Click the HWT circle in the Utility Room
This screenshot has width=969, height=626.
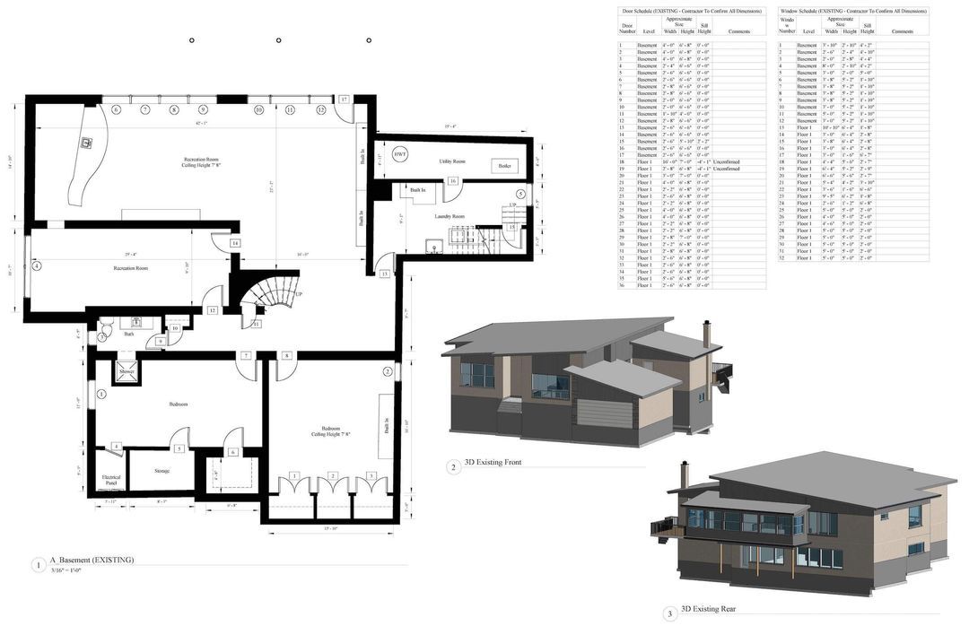[400, 154]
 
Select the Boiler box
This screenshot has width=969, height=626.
[503, 166]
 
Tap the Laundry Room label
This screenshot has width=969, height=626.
[450, 216]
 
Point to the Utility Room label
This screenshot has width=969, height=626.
[451, 161]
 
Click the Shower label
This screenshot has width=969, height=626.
[127, 371]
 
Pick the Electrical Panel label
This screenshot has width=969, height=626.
[111, 480]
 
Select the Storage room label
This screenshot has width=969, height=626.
[161, 471]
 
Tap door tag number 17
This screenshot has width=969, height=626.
[344, 99]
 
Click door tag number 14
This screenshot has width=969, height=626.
[234, 243]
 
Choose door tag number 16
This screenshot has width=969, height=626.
[453, 181]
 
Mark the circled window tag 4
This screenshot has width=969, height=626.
[37, 265]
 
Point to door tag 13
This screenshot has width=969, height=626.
[384, 274]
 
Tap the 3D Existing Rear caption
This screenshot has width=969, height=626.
[708, 609]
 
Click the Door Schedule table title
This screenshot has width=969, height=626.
[692, 11]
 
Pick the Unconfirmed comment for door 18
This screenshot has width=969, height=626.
[726, 161]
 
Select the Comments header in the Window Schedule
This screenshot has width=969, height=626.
[902, 31]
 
